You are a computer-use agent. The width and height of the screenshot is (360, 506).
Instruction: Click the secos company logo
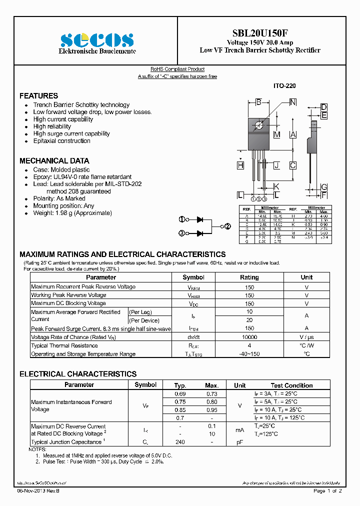tap(96, 39)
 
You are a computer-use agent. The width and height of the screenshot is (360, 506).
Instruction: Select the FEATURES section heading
tap(38, 95)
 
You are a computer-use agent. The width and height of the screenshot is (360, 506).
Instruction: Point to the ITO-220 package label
tap(284, 86)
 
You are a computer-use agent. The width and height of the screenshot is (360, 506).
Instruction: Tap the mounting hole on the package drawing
tap(258, 125)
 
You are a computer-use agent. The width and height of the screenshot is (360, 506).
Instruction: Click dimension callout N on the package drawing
tap(293, 102)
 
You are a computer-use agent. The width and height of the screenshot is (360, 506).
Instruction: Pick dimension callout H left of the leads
tap(240, 165)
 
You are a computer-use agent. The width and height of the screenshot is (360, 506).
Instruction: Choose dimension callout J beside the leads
tap(276, 165)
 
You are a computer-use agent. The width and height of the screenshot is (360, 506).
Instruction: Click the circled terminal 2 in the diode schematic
tap(227, 226)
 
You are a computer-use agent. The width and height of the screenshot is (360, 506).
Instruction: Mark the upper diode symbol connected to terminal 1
tap(200, 219)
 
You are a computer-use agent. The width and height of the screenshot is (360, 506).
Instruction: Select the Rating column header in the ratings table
tap(249, 277)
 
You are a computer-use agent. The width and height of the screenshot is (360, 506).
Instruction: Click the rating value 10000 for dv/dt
tap(249, 337)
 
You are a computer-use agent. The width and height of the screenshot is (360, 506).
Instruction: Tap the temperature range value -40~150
tap(249, 354)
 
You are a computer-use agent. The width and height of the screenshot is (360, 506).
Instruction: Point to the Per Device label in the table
tap(144, 320)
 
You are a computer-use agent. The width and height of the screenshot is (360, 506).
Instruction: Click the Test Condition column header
tap(291, 385)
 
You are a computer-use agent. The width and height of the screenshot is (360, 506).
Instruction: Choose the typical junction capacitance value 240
tap(180, 442)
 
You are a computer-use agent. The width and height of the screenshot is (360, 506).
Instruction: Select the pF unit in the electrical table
tap(240, 442)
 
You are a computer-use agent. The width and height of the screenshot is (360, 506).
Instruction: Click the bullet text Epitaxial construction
tap(61, 141)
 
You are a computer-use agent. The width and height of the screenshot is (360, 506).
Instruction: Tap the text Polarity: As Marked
tap(59, 198)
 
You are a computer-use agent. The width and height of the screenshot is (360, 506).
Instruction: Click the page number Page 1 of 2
tap(327, 491)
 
